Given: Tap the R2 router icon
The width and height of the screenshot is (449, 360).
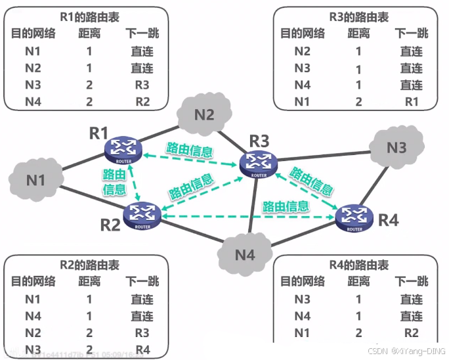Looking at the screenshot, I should tap(142, 213).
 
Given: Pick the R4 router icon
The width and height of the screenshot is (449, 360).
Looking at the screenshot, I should tap(354, 216).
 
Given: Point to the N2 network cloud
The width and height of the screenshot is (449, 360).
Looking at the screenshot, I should tap(204, 114).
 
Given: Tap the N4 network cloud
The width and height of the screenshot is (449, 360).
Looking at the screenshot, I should tap(244, 253).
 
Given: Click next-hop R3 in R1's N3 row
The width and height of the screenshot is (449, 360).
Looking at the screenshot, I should tap(142, 85).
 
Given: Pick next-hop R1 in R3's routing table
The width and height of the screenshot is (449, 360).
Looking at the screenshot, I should tap(411, 101).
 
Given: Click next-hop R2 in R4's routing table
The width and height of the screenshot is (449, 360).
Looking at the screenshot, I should tap(411, 333).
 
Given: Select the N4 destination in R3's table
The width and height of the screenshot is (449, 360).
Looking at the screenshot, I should tap(302, 85).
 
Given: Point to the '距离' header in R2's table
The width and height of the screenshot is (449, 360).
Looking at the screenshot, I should tap(89, 281).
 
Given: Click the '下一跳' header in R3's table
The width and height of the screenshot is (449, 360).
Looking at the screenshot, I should tap(411, 34).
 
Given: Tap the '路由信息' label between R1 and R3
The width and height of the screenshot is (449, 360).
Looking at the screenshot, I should tap(190, 150).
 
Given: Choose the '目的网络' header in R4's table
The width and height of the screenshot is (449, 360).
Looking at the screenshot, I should tap(303, 281).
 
